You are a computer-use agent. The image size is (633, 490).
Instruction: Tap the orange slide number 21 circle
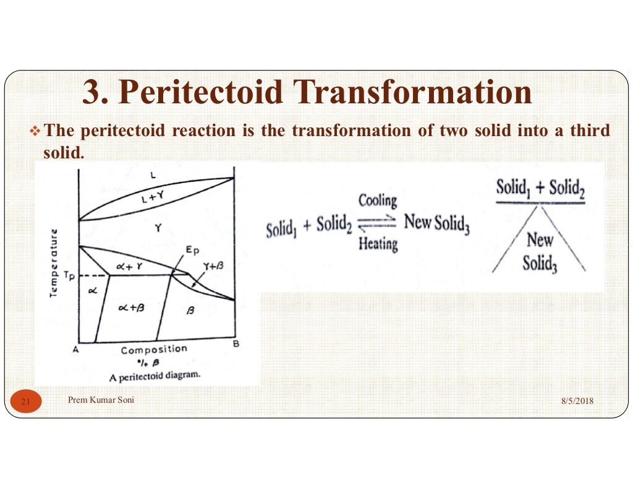(x=26, y=402)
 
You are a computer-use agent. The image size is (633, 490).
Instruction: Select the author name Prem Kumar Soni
(x=101, y=400)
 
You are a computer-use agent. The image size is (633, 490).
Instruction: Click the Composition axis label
(x=153, y=350)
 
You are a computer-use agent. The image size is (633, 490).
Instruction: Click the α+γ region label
(x=130, y=265)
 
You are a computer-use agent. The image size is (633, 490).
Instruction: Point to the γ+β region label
(x=211, y=267)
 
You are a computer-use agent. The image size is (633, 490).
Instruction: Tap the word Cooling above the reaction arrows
(x=378, y=200)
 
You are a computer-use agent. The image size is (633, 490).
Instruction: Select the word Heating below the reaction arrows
(x=378, y=244)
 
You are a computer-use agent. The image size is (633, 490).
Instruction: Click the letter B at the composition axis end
(x=236, y=344)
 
